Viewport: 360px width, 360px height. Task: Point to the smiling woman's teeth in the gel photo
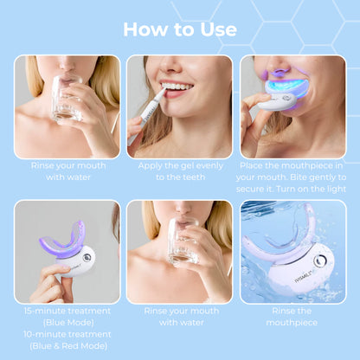coord(178,87)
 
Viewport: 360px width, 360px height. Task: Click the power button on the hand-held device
coord(87,257)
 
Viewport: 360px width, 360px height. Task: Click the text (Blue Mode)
coord(67,322)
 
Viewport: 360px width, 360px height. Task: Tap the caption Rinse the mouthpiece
coord(292,316)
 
